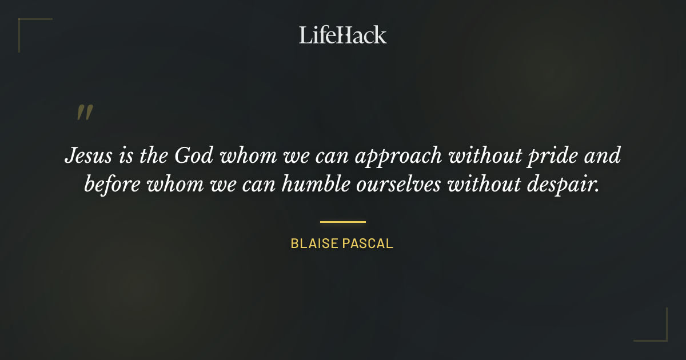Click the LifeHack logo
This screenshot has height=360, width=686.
point(342,35)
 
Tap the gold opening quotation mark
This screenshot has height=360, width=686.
point(84,113)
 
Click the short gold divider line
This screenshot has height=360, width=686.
point(342,222)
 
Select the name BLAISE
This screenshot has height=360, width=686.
point(314,243)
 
